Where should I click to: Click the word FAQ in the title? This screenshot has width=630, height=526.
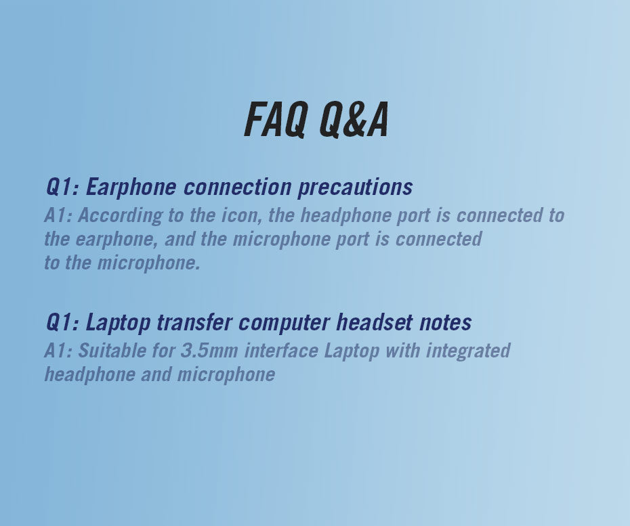(276, 120)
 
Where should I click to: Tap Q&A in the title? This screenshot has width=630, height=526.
(354, 120)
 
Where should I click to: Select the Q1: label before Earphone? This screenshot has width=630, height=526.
(62, 187)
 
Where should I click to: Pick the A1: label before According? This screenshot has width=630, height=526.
(58, 215)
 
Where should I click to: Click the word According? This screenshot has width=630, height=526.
(120, 216)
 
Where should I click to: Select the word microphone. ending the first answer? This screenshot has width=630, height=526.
(148, 263)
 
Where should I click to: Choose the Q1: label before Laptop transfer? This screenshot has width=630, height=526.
(62, 322)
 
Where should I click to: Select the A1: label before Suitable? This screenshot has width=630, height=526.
(58, 351)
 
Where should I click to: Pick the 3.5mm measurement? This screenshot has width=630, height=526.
(209, 351)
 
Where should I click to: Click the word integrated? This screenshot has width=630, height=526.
(468, 351)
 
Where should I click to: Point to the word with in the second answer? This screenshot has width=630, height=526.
(402, 351)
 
